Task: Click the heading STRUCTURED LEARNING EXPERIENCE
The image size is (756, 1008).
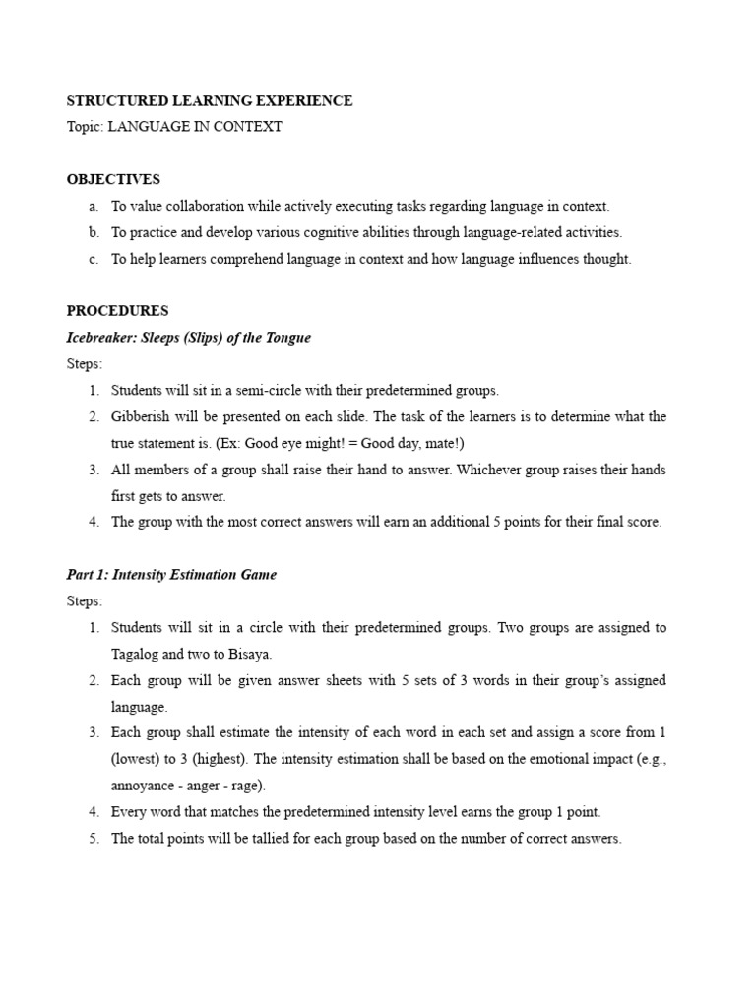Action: tap(209, 101)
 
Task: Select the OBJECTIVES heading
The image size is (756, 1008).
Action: tap(113, 180)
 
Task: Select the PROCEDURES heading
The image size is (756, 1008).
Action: tap(117, 311)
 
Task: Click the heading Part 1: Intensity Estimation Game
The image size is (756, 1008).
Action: tap(171, 575)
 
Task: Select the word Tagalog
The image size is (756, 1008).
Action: tap(137, 654)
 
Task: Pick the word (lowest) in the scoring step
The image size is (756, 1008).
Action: tap(137, 759)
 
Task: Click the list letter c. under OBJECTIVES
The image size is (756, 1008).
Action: tap(93, 260)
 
